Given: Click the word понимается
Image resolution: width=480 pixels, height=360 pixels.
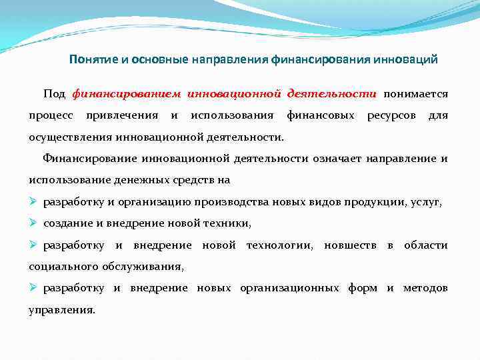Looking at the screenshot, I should pos(416,94).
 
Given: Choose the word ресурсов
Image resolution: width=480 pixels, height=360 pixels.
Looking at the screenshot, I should pos(391,116).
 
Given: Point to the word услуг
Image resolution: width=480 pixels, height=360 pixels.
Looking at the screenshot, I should pos(426,202).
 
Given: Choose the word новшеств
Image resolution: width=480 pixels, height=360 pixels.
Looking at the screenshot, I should pos(350,245).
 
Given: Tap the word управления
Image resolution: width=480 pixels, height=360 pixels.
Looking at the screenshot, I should pos(61,310).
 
